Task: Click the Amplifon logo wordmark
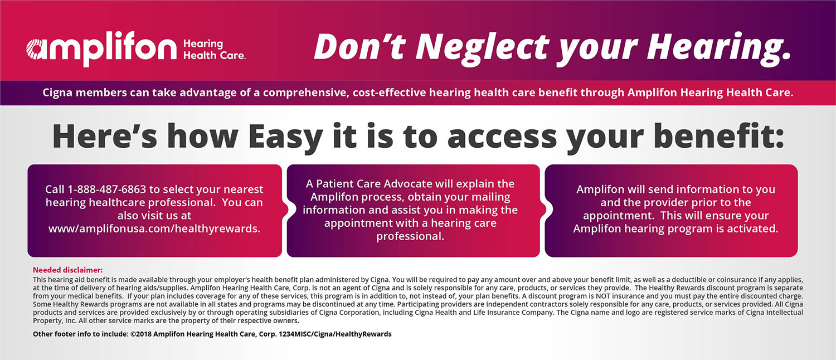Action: [101, 49]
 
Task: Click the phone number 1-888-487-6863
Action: [111, 189]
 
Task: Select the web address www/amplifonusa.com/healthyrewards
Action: [154, 228]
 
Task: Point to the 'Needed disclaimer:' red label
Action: [67, 270]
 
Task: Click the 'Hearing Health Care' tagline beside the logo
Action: [214, 49]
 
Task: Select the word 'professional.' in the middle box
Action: [410, 236]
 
